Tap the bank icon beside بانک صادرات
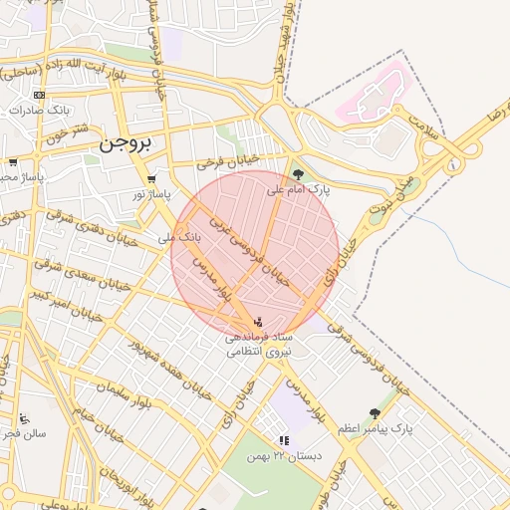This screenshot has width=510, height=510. [39, 95]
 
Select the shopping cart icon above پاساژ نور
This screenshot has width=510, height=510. [151, 179]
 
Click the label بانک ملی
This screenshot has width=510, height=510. [180, 238]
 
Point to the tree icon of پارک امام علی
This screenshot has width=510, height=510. [299, 174]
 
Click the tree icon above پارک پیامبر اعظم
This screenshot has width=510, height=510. [375, 413]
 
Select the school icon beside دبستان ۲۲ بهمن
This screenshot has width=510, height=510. [284, 439]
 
